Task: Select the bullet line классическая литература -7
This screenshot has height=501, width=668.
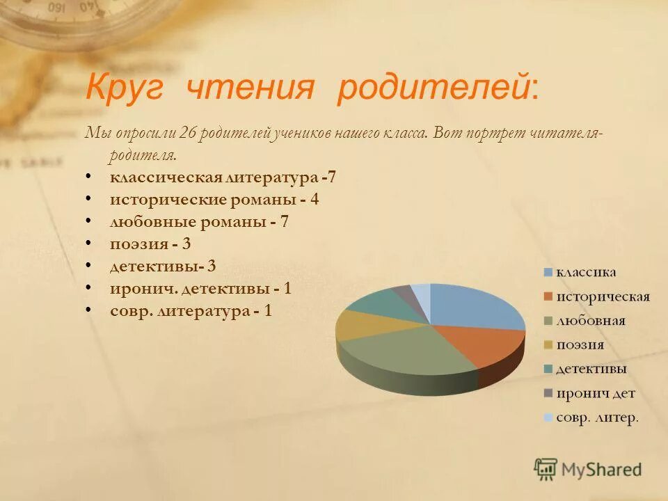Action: (223, 177)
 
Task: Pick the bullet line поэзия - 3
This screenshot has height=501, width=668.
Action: (150, 244)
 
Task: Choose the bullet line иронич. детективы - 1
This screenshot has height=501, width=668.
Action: (200, 288)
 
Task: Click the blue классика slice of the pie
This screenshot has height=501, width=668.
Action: (473, 306)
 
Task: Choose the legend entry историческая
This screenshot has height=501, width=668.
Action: (602, 297)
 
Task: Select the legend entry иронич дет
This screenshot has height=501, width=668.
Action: (595, 394)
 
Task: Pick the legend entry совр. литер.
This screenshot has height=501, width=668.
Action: (596, 418)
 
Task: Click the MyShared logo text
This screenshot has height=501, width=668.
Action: (601, 469)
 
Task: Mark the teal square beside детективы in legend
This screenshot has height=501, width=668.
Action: (548, 369)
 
